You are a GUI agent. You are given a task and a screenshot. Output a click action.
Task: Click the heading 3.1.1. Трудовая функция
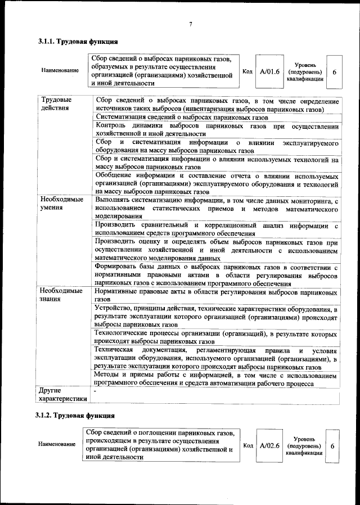(x=78, y=42)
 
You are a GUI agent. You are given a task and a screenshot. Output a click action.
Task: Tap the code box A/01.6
(x=269, y=71)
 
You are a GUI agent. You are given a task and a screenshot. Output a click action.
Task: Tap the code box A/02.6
(x=269, y=445)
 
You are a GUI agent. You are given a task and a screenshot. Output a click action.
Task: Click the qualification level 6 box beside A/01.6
(x=335, y=73)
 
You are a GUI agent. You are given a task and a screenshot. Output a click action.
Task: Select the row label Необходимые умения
(x=62, y=204)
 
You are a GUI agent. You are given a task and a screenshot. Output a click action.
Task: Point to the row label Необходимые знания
(x=62, y=295)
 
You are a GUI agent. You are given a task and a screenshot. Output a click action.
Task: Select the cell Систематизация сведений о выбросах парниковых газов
(x=182, y=118)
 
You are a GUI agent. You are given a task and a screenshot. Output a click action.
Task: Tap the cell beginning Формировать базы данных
(x=217, y=275)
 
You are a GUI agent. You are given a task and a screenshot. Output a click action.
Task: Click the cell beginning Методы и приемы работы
(x=217, y=380)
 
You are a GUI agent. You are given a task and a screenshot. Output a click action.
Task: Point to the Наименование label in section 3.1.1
(x=60, y=71)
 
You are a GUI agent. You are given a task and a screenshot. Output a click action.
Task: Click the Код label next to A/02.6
(x=247, y=445)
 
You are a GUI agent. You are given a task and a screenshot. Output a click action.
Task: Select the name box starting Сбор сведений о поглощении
(x=160, y=444)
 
